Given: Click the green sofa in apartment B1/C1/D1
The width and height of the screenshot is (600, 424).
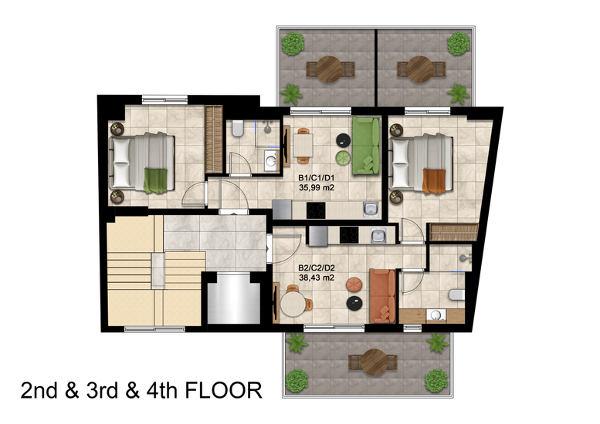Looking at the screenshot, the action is click(366, 146).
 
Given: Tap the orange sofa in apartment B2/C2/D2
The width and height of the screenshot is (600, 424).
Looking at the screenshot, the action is click(382, 296).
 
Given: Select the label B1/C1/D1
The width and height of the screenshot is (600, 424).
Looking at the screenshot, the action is click(317, 178).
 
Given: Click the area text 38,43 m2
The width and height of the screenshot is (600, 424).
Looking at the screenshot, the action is click(317, 278).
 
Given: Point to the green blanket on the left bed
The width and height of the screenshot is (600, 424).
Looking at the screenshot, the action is click(155, 180).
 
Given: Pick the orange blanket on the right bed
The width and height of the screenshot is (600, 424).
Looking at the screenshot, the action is click(434, 180).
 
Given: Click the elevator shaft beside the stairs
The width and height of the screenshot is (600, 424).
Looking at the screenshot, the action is click(233, 298).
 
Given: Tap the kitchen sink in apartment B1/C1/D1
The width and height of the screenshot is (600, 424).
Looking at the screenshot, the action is click(371, 210).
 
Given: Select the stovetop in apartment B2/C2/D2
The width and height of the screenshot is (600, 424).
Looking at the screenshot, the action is click(349, 235).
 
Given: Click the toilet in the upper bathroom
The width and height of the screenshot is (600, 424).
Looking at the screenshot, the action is click(238, 128).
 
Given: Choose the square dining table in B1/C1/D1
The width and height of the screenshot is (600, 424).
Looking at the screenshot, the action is click(303, 145).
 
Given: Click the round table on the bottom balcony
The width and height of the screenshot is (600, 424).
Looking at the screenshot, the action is click(374, 362).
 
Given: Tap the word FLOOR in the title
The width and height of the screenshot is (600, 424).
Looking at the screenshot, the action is click(223, 390).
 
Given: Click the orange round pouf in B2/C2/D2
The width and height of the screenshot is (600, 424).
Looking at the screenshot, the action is click(354, 284).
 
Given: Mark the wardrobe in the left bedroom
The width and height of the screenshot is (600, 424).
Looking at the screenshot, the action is click(214, 139).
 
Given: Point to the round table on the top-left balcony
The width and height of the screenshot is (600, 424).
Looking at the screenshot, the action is click(329, 69).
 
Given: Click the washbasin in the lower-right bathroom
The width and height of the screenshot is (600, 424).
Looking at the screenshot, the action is click(436, 315).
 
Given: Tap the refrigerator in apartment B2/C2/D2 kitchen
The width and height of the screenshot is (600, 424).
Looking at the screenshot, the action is click(318, 236).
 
